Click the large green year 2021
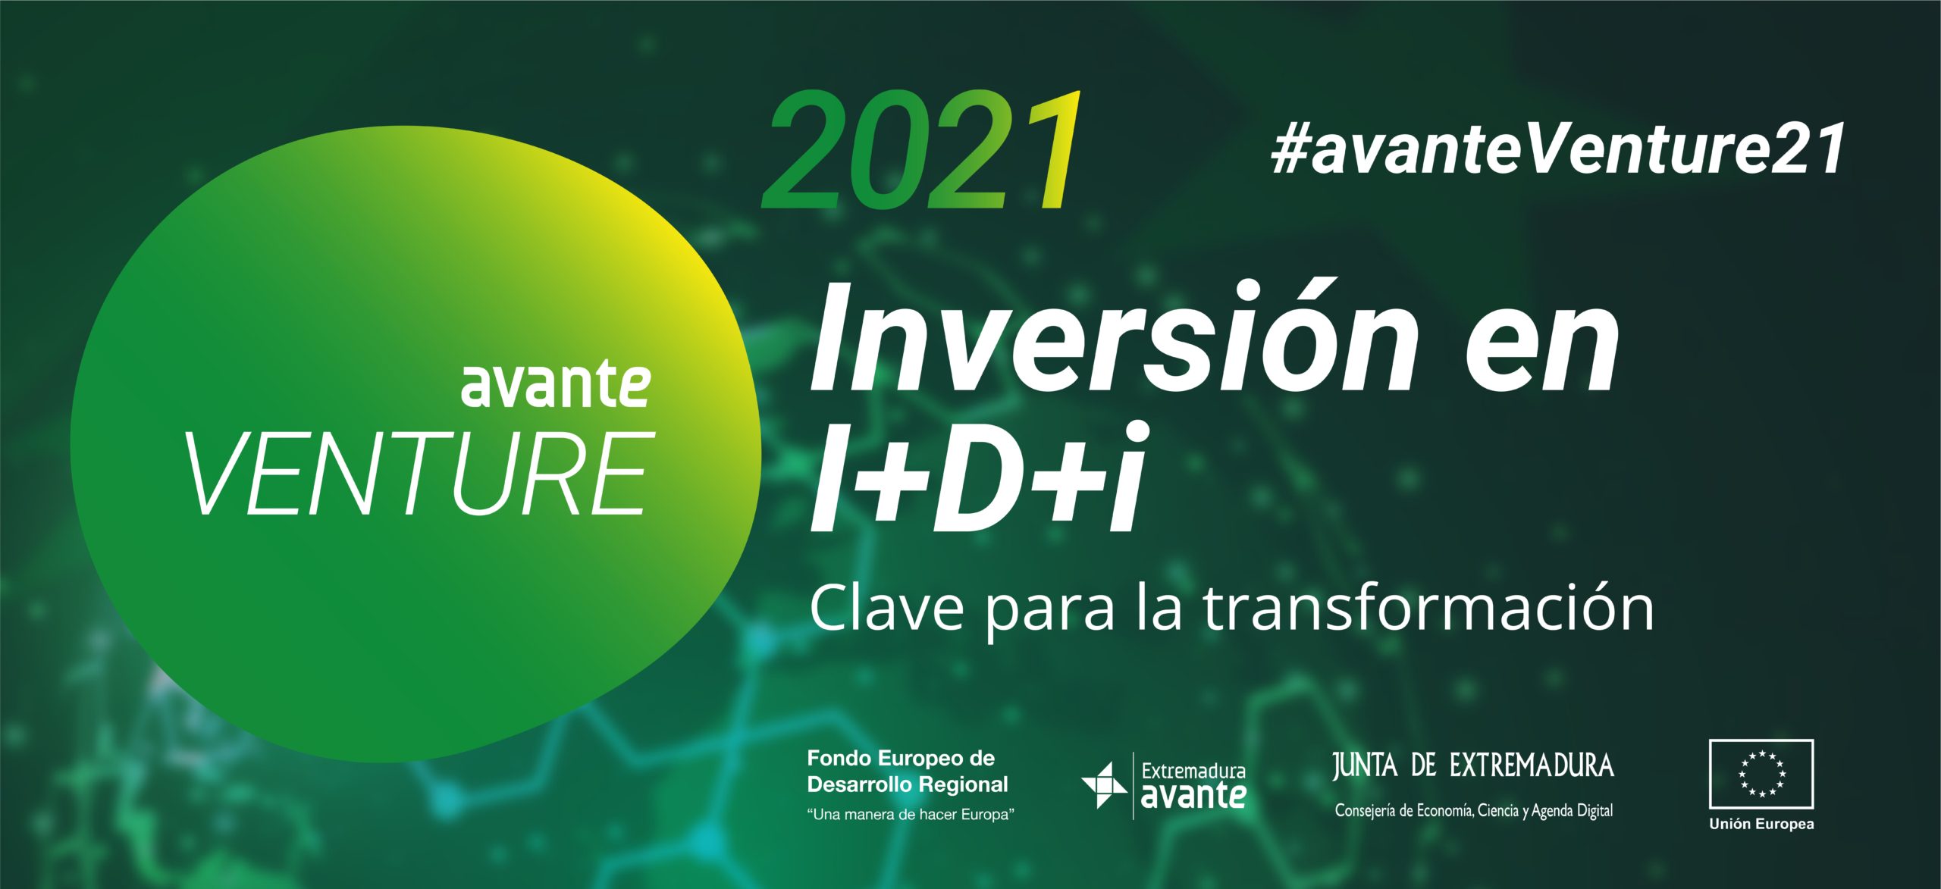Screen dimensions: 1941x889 922,150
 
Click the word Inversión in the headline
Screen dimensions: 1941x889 1114,337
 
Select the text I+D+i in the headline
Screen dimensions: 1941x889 979,477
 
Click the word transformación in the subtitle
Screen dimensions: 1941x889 1428,607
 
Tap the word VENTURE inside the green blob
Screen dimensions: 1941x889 420,474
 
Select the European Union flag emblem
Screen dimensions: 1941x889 1761,774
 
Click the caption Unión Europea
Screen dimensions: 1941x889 1761,824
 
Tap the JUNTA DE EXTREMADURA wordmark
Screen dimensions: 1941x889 1473,765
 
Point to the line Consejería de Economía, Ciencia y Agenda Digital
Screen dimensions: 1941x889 1474,811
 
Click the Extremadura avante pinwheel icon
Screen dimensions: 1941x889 1104,785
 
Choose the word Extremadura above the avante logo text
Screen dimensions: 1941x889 1193,772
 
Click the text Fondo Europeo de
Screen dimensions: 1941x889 901,758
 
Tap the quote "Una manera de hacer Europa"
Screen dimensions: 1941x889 911,815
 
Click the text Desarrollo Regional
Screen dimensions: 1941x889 908,784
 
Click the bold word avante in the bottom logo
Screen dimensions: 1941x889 1193,796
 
